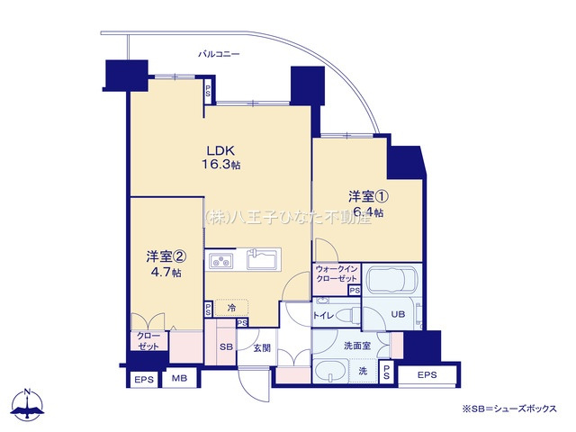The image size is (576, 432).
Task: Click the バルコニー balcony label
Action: tap(220, 55)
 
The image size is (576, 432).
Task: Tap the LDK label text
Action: tap(220, 150)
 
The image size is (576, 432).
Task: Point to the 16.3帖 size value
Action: tap(220, 166)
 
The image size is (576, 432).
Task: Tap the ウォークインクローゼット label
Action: tap(337, 274)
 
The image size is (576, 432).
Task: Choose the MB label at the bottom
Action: tap(180, 380)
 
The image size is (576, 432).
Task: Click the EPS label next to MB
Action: tap(144, 380)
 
